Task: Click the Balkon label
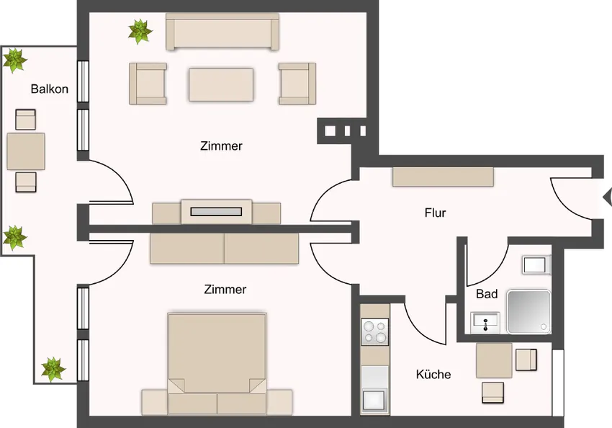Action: (50, 89)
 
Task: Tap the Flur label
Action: (435, 213)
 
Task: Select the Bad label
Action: (487, 294)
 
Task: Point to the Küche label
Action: (433, 375)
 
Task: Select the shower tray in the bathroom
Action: (528, 312)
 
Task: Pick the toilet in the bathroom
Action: (536, 264)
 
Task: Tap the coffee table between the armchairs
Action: (221, 85)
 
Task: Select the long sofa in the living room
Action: (222, 33)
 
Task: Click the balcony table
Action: (26, 151)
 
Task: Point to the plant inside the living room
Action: (140, 31)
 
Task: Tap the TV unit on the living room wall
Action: (216, 211)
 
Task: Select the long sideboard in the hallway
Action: (443, 177)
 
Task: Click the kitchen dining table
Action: (494, 361)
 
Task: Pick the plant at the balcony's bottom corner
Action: (53, 369)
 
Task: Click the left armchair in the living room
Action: (148, 83)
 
